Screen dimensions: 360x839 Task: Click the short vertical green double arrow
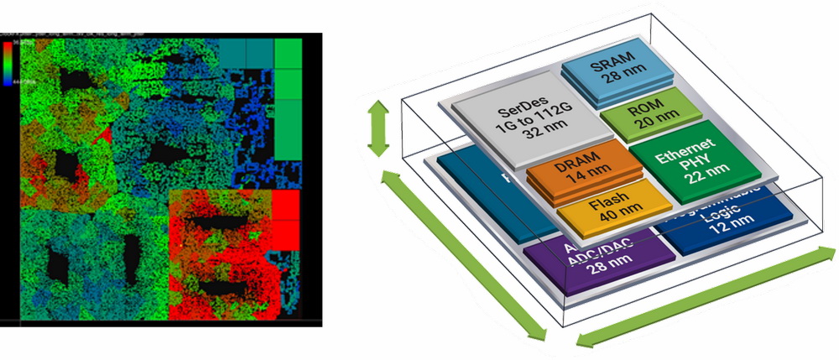[x=379, y=128]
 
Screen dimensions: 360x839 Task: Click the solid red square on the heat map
[x=287, y=204]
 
